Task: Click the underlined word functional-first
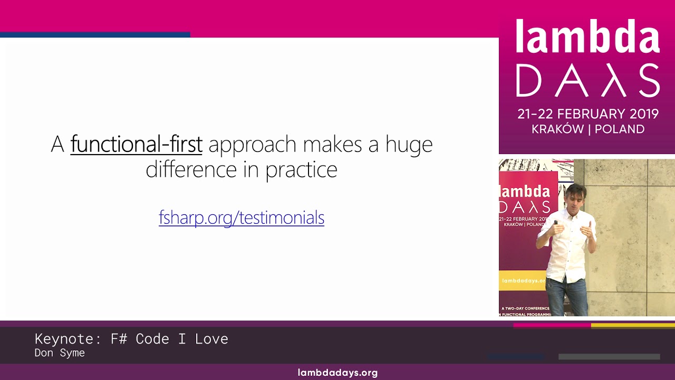[x=136, y=144]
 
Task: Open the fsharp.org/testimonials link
[x=242, y=217]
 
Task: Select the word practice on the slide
[x=301, y=169]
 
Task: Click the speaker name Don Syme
[x=60, y=353]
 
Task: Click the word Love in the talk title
[x=211, y=339]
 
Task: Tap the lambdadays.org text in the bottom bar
[x=337, y=373]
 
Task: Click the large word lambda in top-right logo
[x=587, y=37]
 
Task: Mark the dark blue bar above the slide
[x=95, y=35]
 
